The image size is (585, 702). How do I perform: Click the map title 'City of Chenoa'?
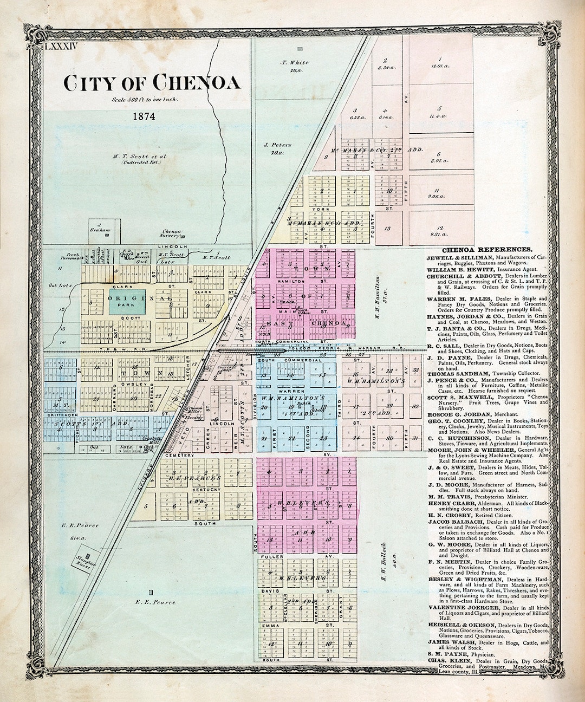pyautogui.click(x=151, y=83)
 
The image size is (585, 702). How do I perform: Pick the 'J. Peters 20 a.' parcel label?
pyautogui.click(x=278, y=149)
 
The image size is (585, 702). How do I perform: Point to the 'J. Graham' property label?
pyautogui.click(x=100, y=227)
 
